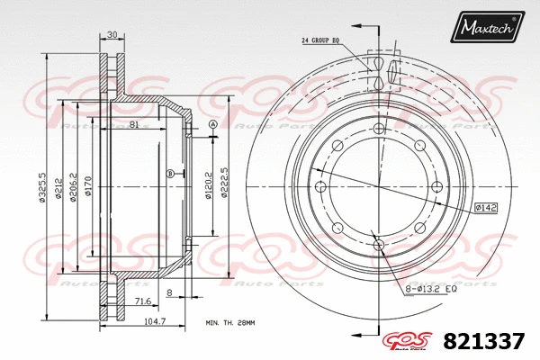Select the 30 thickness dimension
click(x=112, y=35)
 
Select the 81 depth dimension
click(x=134, y=124)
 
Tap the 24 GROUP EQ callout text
click(x=322, y=40)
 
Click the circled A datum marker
click(x=212, y=124)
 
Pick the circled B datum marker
click(x=170, y=173)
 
